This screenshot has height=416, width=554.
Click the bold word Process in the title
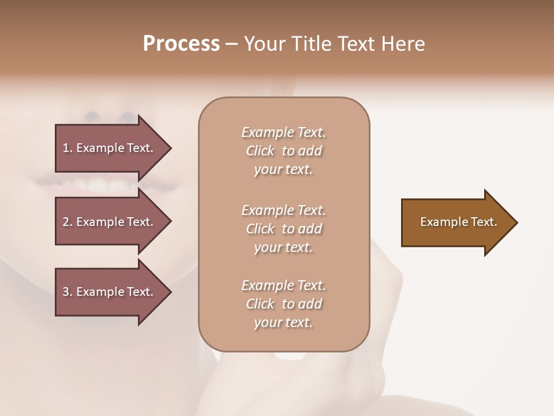181,44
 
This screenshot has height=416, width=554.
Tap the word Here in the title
403,44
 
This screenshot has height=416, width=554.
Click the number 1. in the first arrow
67,148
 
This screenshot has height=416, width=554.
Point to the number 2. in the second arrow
67,222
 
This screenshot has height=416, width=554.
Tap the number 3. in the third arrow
67,292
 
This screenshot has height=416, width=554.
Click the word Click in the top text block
260,151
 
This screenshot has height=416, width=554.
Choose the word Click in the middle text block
260,229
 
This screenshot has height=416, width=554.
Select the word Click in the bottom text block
260,304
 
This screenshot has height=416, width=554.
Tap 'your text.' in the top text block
283,170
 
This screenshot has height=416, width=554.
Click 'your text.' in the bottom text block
283,323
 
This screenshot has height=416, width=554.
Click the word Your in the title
264,44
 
